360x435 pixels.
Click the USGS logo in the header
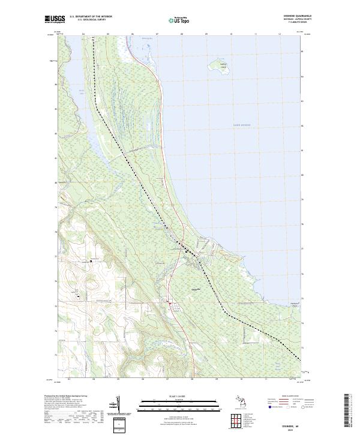pyautogui.click(x=55, y=19)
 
